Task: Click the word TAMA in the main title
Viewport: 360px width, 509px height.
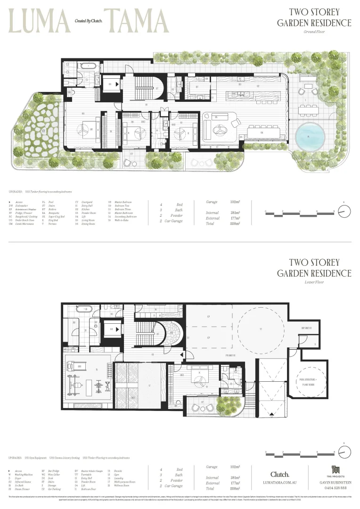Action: click(138, 21)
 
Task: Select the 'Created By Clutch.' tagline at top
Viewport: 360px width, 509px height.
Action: click(88, 21)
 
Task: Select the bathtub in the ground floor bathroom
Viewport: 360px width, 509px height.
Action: click(88, 66)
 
